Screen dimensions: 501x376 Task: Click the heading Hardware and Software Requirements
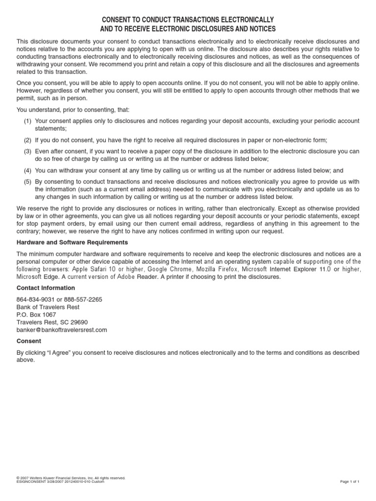click(72, 242)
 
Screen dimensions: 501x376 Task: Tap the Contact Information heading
click(46, 288)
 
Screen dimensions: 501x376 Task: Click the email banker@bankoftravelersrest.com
click(62, 330)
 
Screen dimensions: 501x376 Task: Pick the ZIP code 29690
click(78, 322)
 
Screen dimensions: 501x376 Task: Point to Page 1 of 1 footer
click(350, 481)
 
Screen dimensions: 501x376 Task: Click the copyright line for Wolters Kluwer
click(71, 478)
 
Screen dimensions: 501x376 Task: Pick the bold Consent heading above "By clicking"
click(29, 341)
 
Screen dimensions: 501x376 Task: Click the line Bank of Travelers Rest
click(48, 307)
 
